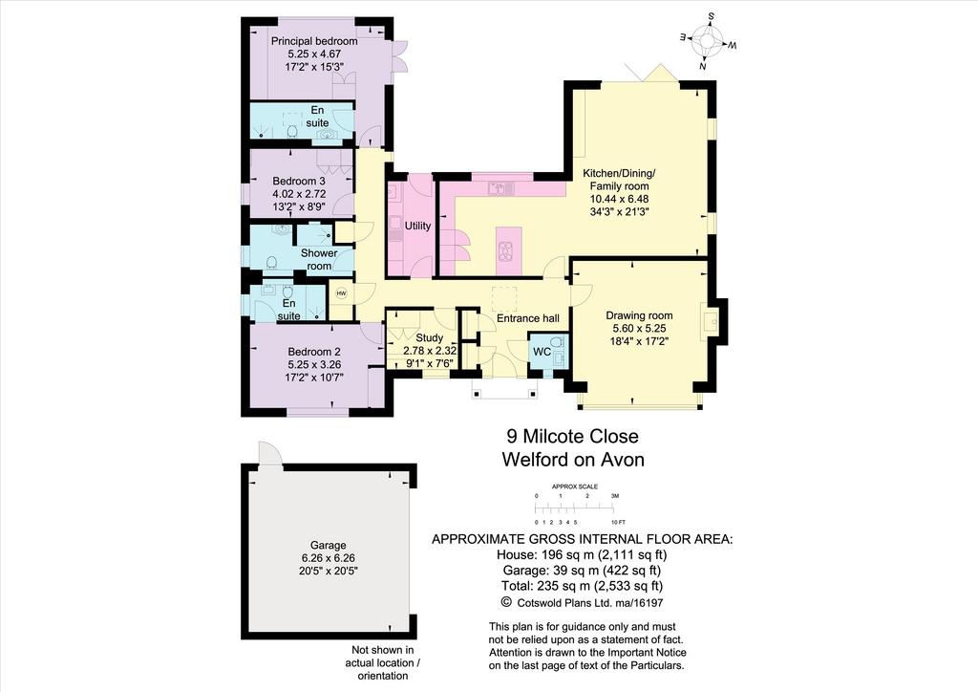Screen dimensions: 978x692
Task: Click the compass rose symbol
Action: pos(708,41)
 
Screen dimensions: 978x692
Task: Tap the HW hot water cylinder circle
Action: pos(341,293)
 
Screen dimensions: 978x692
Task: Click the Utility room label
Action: pos(417,226)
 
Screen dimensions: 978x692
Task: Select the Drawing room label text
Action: pos(639,315)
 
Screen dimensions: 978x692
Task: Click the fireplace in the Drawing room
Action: pos(710,321)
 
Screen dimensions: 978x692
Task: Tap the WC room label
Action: pos(542,352)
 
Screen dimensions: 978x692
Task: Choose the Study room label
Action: pos(429,337)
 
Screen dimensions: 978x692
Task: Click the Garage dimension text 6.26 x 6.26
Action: pos(329,558)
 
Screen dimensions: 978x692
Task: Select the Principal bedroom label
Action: pos(314,41)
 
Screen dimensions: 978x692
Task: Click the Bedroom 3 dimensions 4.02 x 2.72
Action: pos(299,194)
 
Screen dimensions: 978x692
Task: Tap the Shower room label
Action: pos(319,260)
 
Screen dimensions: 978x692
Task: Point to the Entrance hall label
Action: pos(527,318)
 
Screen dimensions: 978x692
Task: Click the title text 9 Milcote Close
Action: pos(572,436)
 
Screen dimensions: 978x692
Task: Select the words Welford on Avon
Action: pos(573,460)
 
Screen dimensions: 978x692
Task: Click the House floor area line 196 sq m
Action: pos(582,554)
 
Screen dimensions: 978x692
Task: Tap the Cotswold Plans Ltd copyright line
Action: pos(582,603)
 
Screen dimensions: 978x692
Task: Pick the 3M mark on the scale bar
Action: pos(615,495)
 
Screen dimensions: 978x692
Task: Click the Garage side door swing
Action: pos(269,453)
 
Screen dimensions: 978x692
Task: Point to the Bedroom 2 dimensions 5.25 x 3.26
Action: pos(314,364)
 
